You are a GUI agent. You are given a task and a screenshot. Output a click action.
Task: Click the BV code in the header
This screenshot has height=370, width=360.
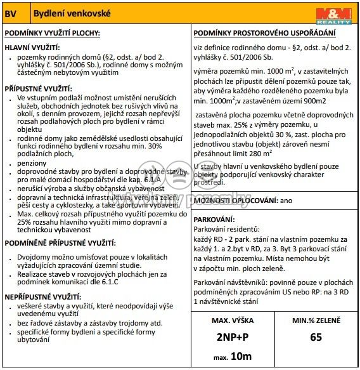12,13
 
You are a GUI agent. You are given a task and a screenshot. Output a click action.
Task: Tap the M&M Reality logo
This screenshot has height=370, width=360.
333,14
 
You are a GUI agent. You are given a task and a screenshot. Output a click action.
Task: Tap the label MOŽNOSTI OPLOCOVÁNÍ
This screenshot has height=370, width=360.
235,201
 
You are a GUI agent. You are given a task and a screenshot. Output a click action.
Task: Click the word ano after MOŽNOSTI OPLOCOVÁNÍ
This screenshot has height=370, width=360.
287,201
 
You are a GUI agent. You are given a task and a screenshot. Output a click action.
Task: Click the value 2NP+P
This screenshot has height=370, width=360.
232,337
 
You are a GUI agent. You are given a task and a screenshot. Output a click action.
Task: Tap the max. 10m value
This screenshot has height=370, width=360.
232,357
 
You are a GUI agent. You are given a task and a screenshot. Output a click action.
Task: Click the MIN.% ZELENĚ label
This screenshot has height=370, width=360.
316,321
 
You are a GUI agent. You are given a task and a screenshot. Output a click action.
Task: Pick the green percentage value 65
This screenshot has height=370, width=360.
316,338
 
